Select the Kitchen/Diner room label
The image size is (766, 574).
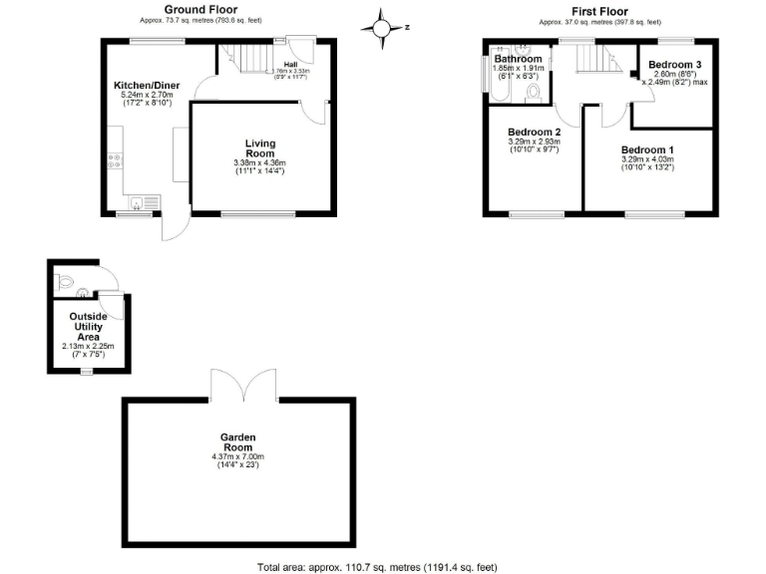(147, 87)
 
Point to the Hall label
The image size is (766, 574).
(290, 64)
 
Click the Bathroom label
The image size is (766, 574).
(518, 59)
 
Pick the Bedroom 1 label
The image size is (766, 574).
(647, 149)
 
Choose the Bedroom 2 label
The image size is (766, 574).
(534, 133)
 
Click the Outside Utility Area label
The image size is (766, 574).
(88, 325)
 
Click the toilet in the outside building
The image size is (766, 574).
(66, 282)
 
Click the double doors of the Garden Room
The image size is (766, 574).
(237, 384)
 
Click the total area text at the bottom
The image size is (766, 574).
(377, 566)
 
